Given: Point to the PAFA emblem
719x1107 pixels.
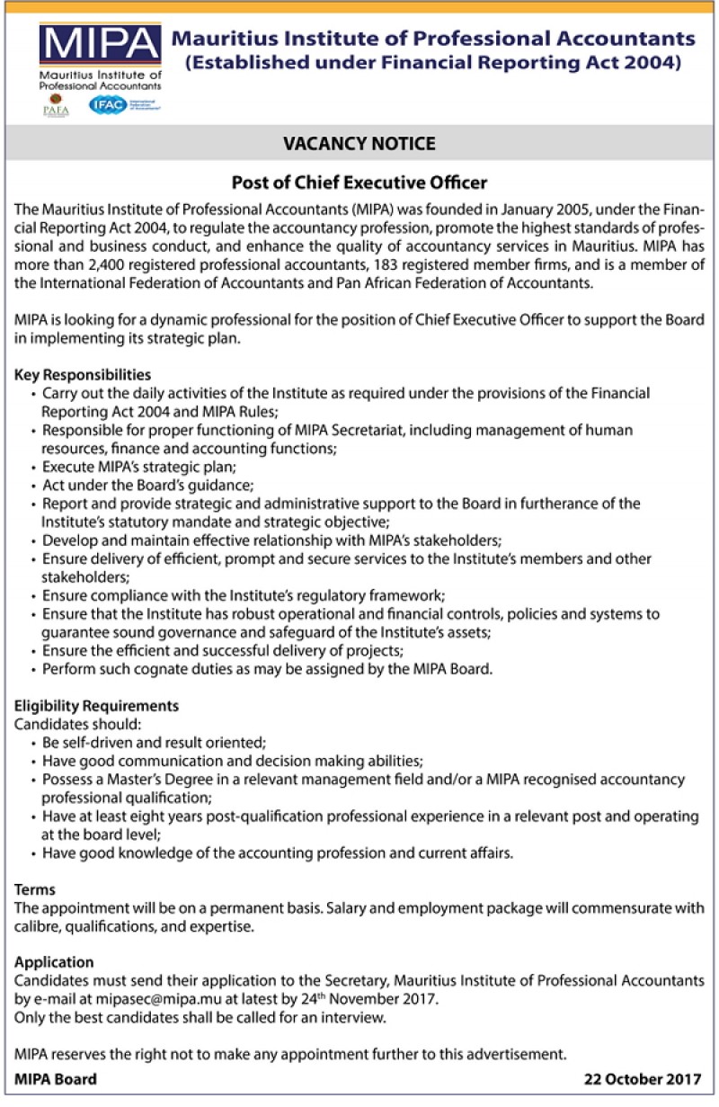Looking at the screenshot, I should pyautogui.click(x=56, y=105).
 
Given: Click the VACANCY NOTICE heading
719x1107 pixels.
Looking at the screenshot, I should pyautogui.click(x=359, y=144).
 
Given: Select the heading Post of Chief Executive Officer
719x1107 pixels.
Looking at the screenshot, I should pyautogui.click(x=359, y=183).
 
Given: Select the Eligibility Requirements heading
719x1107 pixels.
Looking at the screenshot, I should pyautogui.click(x=97, y=706).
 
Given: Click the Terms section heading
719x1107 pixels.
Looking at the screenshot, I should pyautogui.click(x=35, y=889).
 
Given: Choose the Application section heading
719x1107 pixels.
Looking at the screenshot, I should pyautogui.click(x=54, y=962).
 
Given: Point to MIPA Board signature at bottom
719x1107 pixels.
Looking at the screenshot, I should pyautogui.click(x=56, y=1079).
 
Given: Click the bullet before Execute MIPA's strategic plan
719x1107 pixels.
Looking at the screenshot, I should pyautogui.click(x=34, y=468).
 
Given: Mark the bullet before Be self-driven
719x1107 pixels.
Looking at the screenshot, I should pyautogui.click(x=34, y=743).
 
